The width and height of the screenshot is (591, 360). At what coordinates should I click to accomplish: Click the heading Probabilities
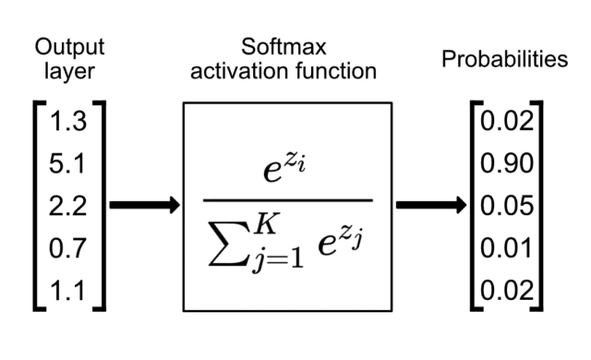(x=503, y=60)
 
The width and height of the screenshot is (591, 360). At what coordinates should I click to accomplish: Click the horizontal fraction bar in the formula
(x=287, y=200)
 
